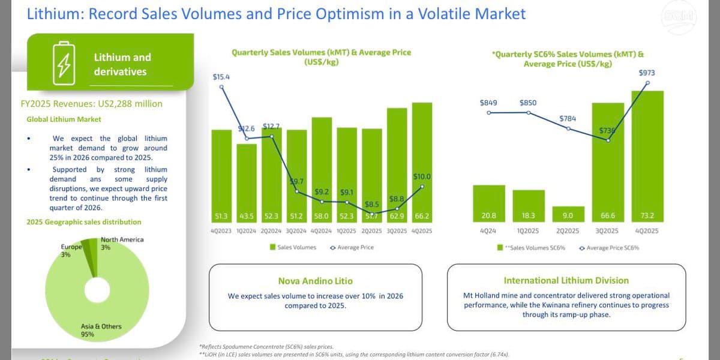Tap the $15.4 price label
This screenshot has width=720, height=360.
coord(221,77)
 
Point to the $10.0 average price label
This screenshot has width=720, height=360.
coord(422,176)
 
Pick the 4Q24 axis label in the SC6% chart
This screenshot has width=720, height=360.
coord(488,231)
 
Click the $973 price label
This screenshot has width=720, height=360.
coord(647,73)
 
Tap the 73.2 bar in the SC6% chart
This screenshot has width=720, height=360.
coord(647,156)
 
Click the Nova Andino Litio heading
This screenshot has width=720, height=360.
coord(315,281)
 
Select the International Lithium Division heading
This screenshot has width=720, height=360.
coord(566,280)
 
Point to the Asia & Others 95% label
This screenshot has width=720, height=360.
coord(92,330)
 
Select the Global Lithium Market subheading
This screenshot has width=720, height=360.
coord(64,119)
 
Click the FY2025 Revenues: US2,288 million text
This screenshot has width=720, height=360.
coord(91,104)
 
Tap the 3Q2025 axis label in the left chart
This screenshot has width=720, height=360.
coord(397,231)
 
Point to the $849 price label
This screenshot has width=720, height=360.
coord(488,103)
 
